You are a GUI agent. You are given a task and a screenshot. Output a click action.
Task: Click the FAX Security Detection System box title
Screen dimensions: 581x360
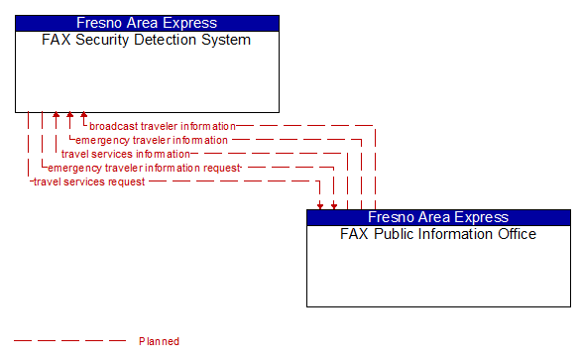click(146, 41)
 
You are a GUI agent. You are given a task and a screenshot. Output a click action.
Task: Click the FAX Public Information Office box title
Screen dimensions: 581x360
click(438, 235)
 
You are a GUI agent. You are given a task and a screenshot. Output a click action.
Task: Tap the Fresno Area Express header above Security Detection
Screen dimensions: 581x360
click(147, 23)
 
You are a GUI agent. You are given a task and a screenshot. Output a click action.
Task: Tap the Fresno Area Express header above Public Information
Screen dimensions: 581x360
click(438, 217)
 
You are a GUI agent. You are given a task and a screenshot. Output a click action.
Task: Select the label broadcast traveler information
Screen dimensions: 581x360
click(163, 126)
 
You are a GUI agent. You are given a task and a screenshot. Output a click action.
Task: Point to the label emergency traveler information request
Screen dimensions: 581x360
click(145, 168)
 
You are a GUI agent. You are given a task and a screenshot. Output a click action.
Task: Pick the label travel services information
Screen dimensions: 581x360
click(125, 154)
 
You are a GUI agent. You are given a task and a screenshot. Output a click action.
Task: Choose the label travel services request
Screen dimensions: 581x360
click(89, 181)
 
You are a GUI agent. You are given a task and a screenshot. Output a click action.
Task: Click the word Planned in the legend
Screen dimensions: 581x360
click(159, 341)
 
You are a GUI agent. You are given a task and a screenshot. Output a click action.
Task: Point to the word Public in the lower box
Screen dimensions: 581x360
click(390, 235)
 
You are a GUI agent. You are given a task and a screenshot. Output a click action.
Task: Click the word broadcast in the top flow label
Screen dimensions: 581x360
click(113, 126)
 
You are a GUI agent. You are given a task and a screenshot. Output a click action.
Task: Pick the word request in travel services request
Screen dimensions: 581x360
click(127, 181)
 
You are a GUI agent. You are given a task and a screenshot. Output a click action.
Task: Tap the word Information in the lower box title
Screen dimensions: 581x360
click(452, 235)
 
